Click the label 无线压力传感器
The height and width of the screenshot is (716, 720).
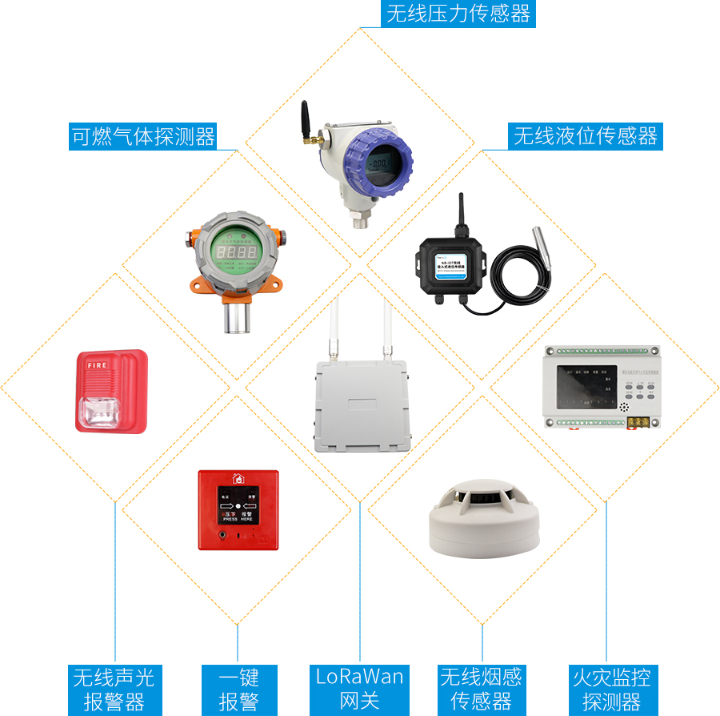458,14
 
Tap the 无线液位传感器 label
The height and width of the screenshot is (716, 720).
586,136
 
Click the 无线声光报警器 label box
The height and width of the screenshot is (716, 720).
114,690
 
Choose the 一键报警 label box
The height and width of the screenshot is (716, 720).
239,690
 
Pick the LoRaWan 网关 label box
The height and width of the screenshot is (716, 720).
359,690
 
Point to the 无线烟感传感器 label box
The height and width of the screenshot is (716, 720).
482,690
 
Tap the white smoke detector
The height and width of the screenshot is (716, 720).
482,520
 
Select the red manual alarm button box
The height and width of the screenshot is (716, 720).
238,509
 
